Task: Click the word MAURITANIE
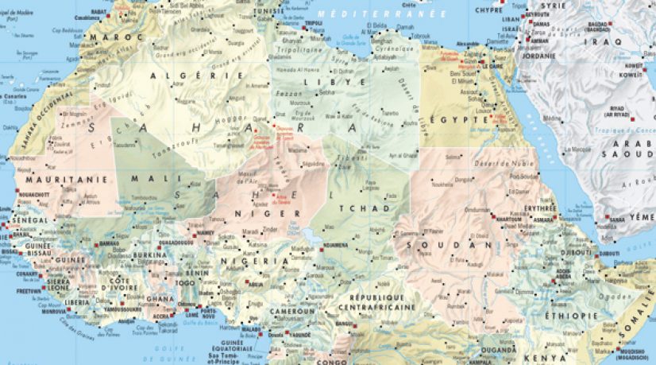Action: pyautogui.click(x=60, y=180)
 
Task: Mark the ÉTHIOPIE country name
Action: pyautogui.click(x=570, y=316)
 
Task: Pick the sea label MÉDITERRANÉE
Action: pyautogui.click(x=369, y=14)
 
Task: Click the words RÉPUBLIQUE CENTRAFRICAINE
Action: pyautogui.click(x=377, y=301)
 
